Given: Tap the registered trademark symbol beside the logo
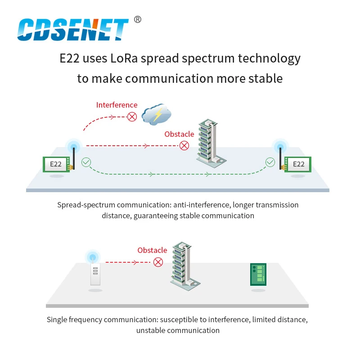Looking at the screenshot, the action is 138,19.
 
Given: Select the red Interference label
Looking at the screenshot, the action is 117,105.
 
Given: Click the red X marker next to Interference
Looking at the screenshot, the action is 132,117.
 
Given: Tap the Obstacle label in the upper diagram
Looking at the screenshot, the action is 179,134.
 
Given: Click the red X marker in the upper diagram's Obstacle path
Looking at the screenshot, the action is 184,145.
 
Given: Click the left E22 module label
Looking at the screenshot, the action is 55,164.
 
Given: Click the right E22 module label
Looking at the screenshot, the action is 298,164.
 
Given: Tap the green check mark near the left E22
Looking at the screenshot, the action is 86,162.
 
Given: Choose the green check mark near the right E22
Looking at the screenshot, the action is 270,162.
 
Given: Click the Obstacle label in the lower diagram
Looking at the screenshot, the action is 152,250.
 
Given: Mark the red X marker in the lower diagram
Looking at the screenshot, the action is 158,262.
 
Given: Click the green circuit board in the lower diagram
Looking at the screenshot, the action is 258,274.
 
